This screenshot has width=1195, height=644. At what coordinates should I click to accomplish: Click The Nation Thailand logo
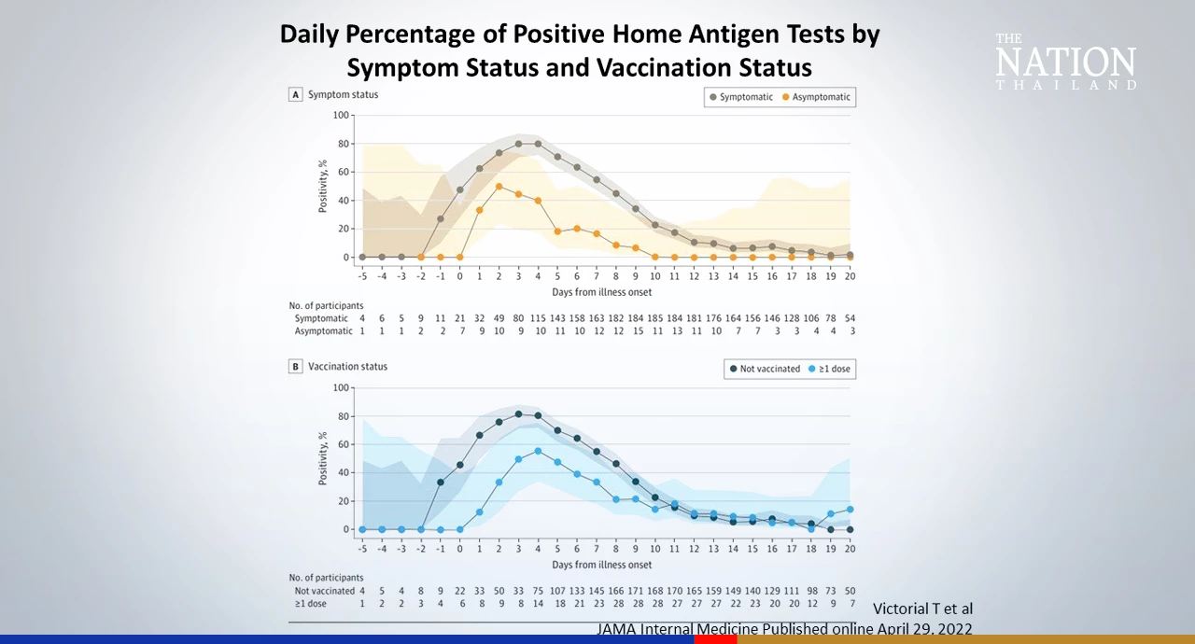pos(1065,62)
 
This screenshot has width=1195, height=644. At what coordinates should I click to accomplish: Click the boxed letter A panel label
pos(295,95)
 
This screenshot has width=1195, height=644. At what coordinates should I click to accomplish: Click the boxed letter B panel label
pos(295,367)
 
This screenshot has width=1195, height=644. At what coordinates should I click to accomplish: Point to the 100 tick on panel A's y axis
pos(341,116)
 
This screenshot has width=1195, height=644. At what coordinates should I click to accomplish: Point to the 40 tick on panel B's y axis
pos(343,472)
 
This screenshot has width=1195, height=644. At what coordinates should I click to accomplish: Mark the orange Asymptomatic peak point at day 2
pos(499,187)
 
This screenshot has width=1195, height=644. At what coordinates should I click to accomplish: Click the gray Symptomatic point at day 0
pos(459,189)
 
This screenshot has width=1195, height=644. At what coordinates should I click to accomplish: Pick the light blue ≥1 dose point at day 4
pos(538,451)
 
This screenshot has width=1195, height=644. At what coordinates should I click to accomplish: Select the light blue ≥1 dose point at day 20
pos(850,510)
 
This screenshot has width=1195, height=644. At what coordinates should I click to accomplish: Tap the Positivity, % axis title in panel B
pos(322,457)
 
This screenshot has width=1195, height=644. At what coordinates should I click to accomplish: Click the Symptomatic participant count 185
pos(654,318)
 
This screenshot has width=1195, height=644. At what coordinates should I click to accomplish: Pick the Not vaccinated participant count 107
pos(557,591)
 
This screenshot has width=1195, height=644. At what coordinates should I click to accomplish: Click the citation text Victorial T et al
pos(922,609)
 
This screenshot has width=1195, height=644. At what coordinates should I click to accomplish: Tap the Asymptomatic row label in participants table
pos(324,331)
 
